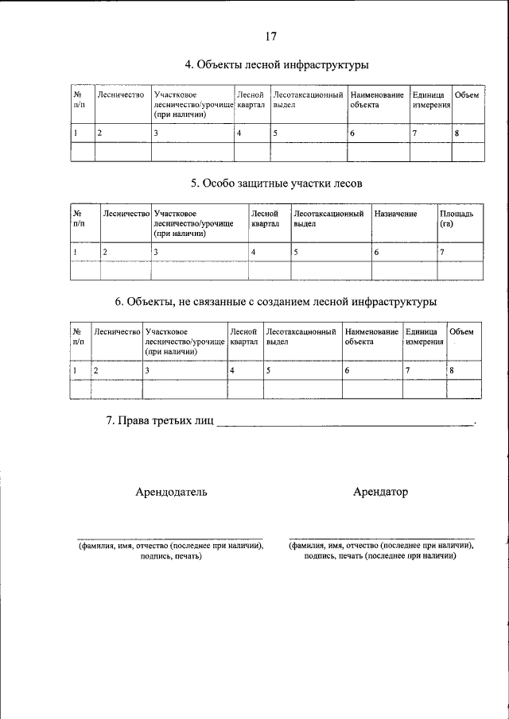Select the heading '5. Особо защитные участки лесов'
pyautogui.click(x=276, y=184)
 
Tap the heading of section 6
pyautogui.click(x=276, y=302)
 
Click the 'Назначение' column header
pyautogui.click(x=395, y=214)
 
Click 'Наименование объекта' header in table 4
pyautogui.click(x=377, y=100)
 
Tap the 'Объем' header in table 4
pyautogui.click(x=466, y=96)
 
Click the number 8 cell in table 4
pyautogui.click(x=457, y=133)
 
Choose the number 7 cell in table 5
pyautogui.click(x=442, y=252)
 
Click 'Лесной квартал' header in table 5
pyautogui.click(x=264, y=218)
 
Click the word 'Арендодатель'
pyautogui.click(x=171, y=492)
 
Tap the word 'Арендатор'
pyautogui.click(x=380, y=492)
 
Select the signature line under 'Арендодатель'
pyautogui.click(x=169, y=537)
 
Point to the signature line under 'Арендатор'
pyautogui.click(x=381, y=537)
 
